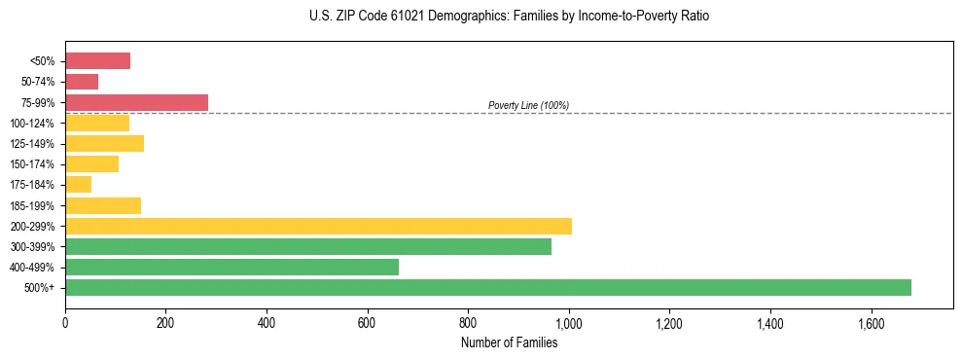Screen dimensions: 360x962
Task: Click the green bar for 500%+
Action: pyautogui.click(x=487, y=287)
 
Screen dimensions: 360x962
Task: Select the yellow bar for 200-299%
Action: pyautogui.click(x=318, y=226)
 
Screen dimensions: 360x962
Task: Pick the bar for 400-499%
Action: pyautogui.click(x=232, y=267)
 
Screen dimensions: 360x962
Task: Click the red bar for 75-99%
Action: pyautogui.click(x=136, y=102)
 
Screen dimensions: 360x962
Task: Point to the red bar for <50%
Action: pyautogui.click(x=97, y=61)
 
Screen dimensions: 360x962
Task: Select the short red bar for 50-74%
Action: pyautogui.click(x=82, y=82)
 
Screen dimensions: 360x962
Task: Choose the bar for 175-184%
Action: pyautogui.click(x=78, y=185)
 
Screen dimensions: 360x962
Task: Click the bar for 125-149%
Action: pyautogui.click(x=104, y=143)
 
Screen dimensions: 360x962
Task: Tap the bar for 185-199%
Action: pyautogui.click(x=103, y=205)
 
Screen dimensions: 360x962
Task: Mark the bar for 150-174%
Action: pyautogui.click(x=91, y=164)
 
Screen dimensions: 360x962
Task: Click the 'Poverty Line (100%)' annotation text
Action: pyautogui.click(x=528, y=105)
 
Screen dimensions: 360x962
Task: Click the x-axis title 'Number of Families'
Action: pyautogui.click(x=509, y=342)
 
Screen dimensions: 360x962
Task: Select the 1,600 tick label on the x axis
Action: pyautogui.click(x=871, y=322)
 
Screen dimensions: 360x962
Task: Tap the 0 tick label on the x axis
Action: pyautogui.click(x=65, y=322)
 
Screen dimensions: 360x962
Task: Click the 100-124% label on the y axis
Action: pyautogui.click(x=32, y=124)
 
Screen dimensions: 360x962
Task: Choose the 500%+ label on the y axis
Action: pyautogui.click(x=40, y=288)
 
